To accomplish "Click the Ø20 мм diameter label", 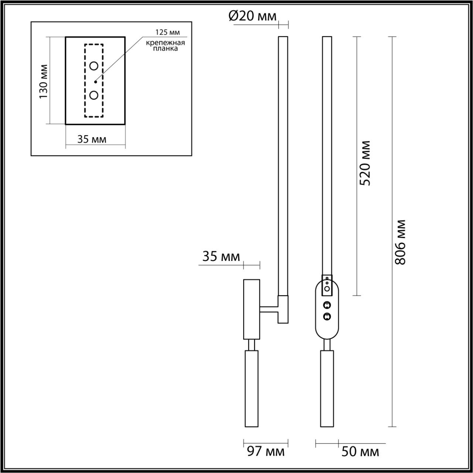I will point(252,17).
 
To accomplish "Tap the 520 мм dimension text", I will point(365,163).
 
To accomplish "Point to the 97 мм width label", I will point(266,451).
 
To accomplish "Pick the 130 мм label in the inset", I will point(44,81).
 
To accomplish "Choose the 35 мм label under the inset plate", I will point(92,139).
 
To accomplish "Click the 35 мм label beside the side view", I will point(221,256).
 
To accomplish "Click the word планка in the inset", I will point(165,48).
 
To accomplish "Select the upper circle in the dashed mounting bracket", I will point(94,66).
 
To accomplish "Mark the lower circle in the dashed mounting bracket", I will point(94,95).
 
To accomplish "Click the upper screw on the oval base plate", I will point(327,305).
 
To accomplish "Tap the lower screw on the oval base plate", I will point(327,316).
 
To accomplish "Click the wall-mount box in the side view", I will point(251,309).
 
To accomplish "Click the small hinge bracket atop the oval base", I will point(327,285).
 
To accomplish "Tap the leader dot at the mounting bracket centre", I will point(95,81).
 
